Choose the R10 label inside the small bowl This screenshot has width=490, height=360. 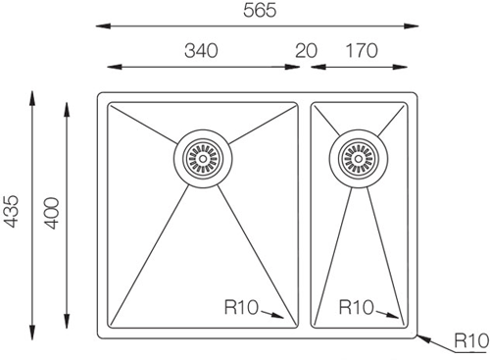pyautogui.click(x=357, y=307)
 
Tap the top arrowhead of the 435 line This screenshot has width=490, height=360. pyautogui.click(x=32, y=95)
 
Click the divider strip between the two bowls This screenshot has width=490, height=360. pyautogui.click(x=304, y=211)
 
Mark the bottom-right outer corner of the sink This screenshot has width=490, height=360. pyautogui.click(x=417, y=334)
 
